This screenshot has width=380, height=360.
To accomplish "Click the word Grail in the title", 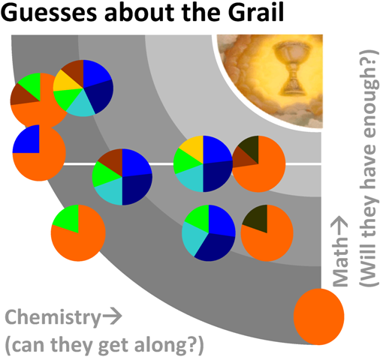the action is pos(256,12).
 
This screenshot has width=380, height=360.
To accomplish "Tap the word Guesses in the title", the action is pos(49,13).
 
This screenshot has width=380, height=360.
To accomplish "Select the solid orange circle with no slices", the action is pos(318,316).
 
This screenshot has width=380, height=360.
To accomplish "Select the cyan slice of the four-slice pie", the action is pos(192,237).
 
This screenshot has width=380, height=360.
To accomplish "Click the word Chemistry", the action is pos(53,318).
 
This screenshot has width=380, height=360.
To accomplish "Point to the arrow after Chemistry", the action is pos(112,317).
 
